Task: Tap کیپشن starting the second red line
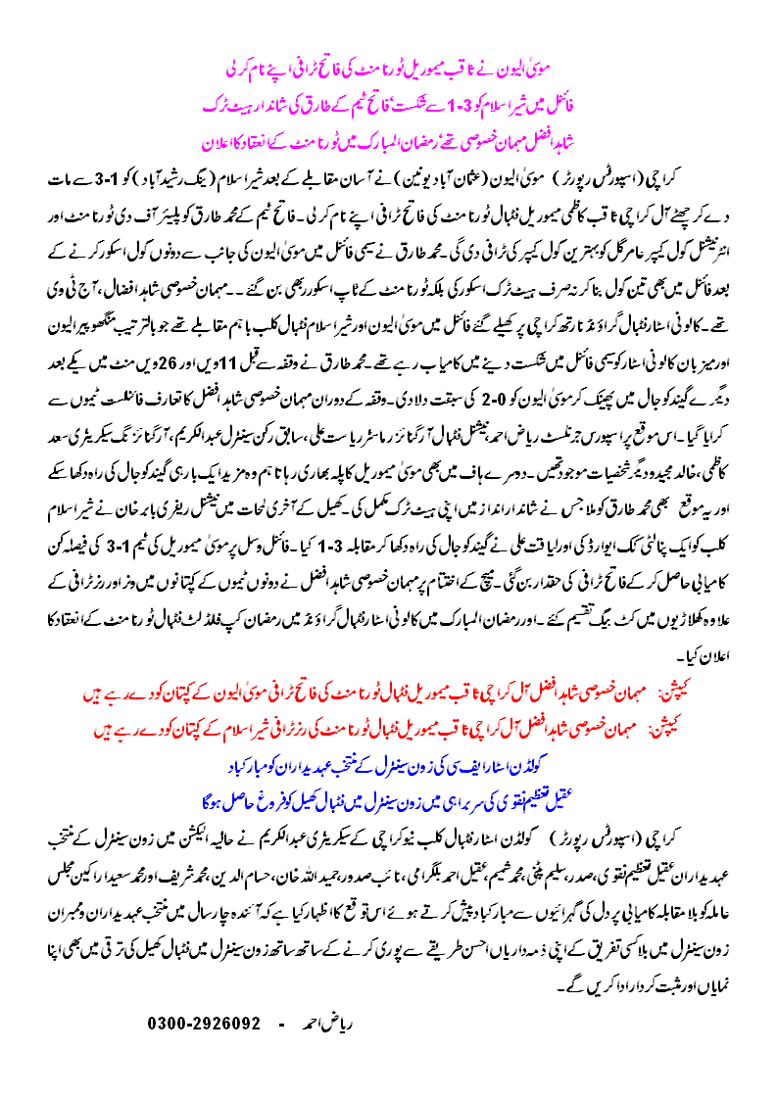[x=677, y=730]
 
